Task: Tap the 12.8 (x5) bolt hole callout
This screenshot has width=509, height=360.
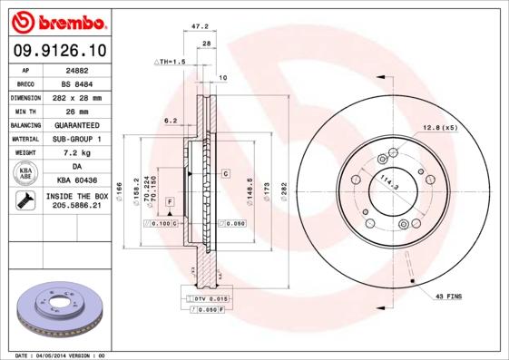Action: click(x=439, y=128)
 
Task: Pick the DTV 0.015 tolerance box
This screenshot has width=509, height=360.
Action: click(x=207, y=297)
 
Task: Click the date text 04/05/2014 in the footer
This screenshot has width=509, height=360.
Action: click(x=54, y=355)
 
